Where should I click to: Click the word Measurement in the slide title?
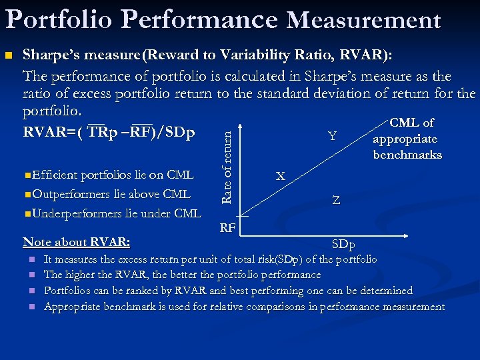click(x=363, y=20)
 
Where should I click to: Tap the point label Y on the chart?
click(x=332, y=136)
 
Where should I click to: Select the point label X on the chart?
click(x=281, y=177)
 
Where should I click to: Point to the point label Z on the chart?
click(x=337, y=200)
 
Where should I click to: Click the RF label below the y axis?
click(x=227, y=228)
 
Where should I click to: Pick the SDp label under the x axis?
click(x=343, y=245)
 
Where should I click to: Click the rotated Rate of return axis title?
click(x=227, y=167)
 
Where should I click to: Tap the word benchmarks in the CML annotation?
click(x=407, y=155)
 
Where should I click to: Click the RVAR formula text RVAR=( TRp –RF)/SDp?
click(x=109, y=132)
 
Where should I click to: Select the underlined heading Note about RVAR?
click(x=76, y=241)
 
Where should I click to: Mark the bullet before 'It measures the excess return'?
click(x=31, y=259)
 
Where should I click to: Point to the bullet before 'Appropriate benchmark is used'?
click(x=31, y=307)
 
